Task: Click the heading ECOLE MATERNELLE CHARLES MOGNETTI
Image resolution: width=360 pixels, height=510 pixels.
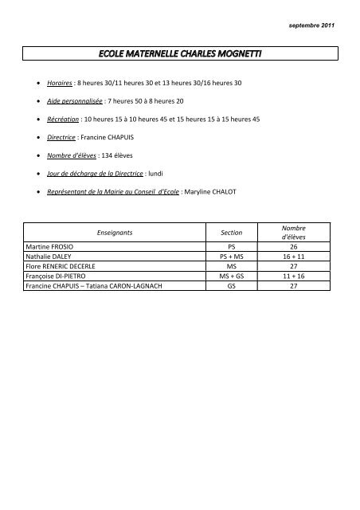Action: tap(180, 54)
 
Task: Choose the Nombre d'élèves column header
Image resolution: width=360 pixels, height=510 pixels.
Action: tap(294, 233)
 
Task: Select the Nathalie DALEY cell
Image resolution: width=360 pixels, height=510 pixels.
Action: tap(50, 257)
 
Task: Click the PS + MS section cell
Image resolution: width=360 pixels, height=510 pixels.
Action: tap(231, 257)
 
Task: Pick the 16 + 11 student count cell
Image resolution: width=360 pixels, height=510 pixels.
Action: tap(294, 257)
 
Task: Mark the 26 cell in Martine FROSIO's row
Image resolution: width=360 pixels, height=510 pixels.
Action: tap(294, 247)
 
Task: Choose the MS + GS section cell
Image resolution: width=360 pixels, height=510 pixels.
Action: tap(231, 278)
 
